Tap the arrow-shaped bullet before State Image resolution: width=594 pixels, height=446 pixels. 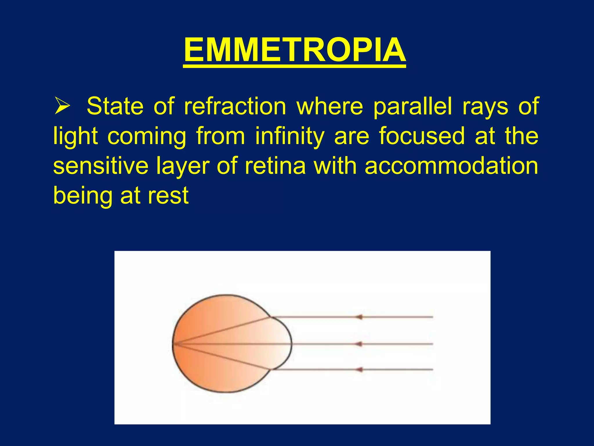click(x=62, y=106)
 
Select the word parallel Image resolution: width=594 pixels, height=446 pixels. click(x=412, y=107)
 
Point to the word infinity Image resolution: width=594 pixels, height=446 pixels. click(x=289, y=136)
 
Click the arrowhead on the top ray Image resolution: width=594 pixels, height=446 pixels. click(x=359, y=317)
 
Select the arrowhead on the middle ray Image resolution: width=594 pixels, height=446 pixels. click(x=359, y=344)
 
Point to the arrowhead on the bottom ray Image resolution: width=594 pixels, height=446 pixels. click(x=359, y=370)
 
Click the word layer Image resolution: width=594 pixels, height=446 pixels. click(x=183, y=166)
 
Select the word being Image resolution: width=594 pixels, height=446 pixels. click(x=82, y=196)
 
